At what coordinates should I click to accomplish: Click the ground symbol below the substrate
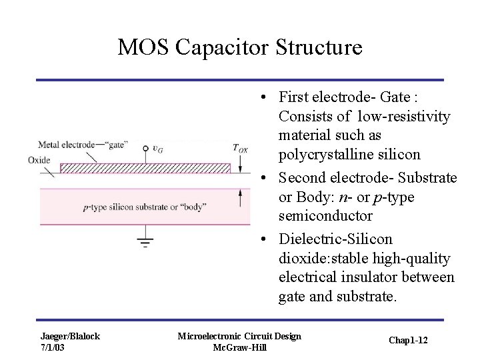(145, 241)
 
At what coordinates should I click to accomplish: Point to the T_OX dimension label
(240, 149)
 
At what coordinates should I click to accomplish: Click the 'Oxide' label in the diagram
(39, 160)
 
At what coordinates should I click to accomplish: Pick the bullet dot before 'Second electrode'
(265, 179)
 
